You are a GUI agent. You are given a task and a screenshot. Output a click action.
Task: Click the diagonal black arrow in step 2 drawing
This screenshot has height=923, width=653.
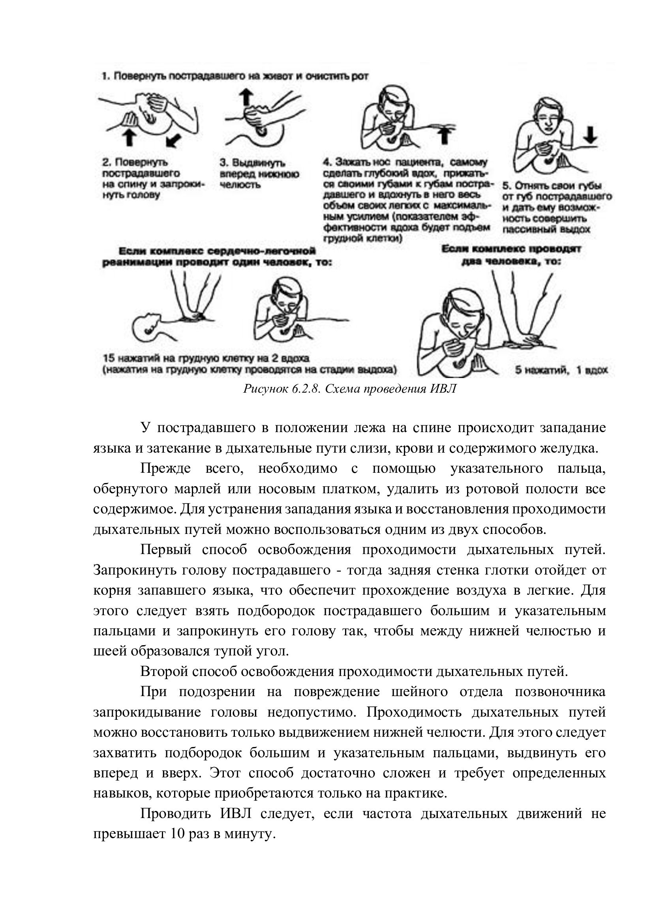(173, 140)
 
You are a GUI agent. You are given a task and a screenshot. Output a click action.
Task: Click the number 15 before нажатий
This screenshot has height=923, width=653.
(109, 358)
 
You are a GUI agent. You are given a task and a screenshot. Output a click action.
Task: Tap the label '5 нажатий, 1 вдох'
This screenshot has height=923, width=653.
(561, 370)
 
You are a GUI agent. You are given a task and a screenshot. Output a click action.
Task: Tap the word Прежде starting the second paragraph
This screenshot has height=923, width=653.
(166, 469)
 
